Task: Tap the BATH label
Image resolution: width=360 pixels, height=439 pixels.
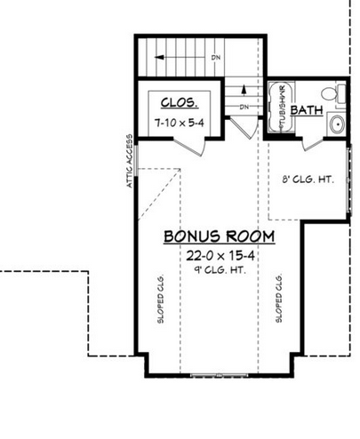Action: [308, 110]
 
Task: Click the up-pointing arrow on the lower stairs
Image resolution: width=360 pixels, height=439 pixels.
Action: [244, 97]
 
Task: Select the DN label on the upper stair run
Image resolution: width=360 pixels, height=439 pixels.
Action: [215, 58]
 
